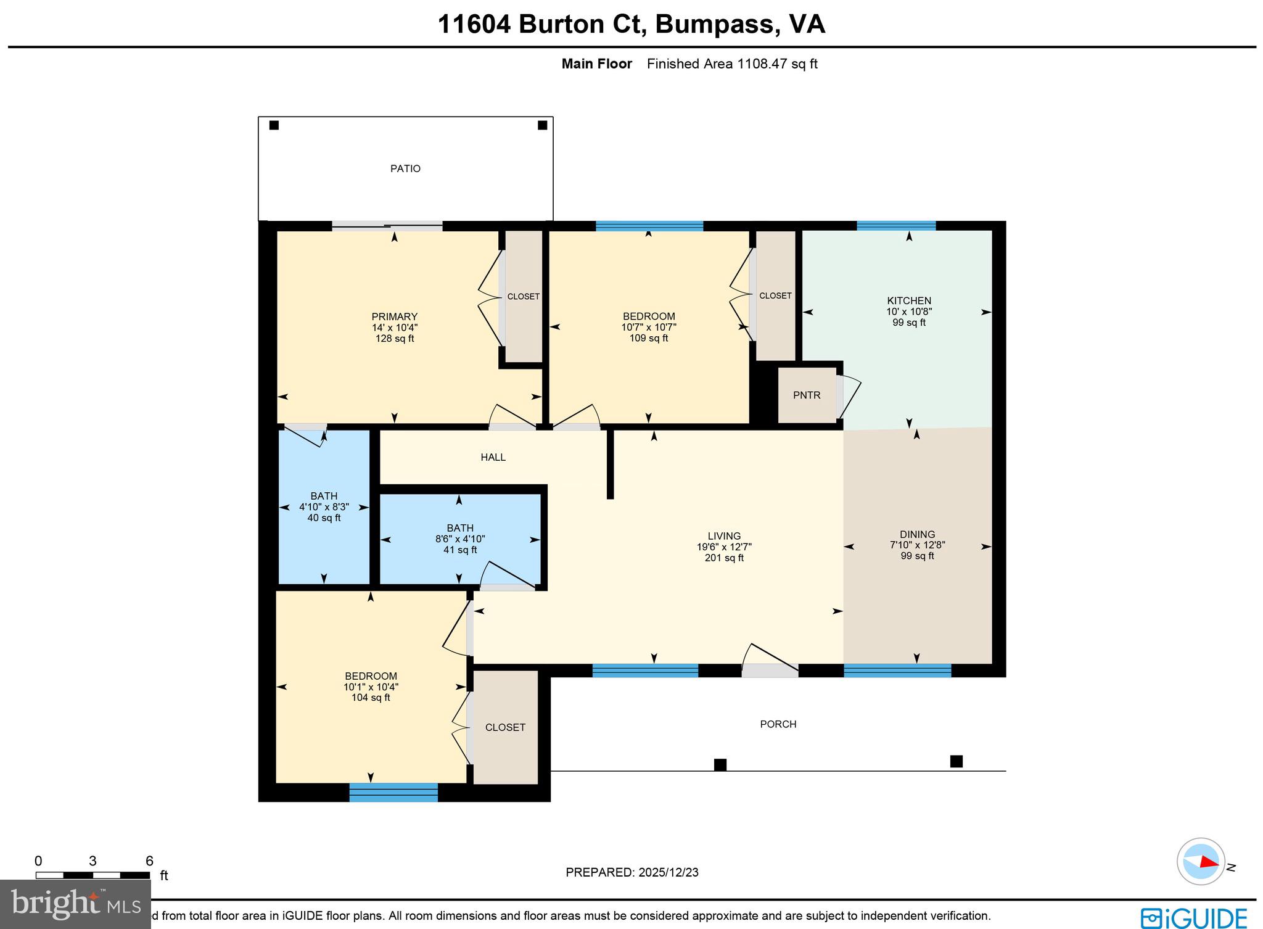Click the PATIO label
click(405, 168)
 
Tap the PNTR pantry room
click(806, 395)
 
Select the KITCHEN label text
click(908, 300)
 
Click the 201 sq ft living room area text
click(724, 558)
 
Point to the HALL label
click(493, 457)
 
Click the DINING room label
click(917, 534)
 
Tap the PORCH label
click(778, 724)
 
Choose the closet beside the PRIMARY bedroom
click(524, 297)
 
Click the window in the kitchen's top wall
click(895, 226)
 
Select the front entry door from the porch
click(770, 670)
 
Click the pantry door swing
click(850, 395)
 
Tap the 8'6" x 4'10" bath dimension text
click(460, 539)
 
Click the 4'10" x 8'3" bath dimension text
click(324, 507)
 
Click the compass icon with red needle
click(1200, 862)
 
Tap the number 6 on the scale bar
click(149, 861)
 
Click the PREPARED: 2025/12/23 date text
click(631, 872)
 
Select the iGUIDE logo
click(1194, 918)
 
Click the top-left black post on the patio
click(274, 125)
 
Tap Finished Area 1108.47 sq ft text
click(732, 64)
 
